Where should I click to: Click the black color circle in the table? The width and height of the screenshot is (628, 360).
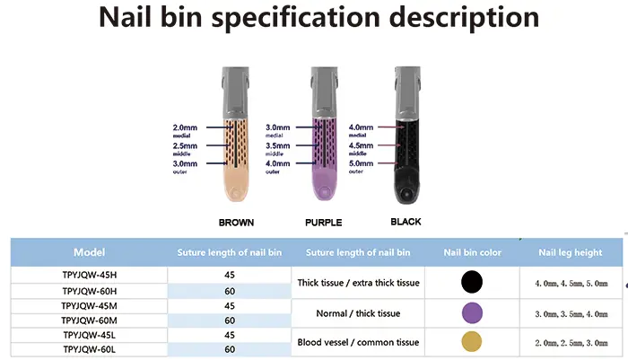pos(472,282)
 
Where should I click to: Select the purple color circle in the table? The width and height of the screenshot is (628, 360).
pos(472,312)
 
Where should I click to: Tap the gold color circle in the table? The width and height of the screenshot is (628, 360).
pos(472,341)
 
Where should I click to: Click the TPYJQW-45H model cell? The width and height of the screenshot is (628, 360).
pos(90,275)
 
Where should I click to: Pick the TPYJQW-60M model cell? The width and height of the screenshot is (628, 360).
pos(90,320)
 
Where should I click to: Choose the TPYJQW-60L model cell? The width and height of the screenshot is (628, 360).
pos(90,349)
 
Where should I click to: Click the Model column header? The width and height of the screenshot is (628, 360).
pos(90,252)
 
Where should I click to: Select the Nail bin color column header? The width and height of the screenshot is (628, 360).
pos(472,252)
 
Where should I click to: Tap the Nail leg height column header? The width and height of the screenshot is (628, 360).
pos(571,252)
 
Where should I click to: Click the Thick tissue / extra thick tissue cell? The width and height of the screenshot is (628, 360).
pos(358,283)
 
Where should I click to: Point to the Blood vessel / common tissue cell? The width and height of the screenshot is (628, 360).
pos(358,342)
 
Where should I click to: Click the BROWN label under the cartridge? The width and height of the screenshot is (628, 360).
pos(236,223)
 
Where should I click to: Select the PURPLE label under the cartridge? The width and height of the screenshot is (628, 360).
pos(324,223)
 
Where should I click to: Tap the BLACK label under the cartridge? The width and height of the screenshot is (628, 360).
pos(406,222)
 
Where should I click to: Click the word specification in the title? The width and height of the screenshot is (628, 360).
pos(295,18)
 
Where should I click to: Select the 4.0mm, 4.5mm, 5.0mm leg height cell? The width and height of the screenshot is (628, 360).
pos(571,284)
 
